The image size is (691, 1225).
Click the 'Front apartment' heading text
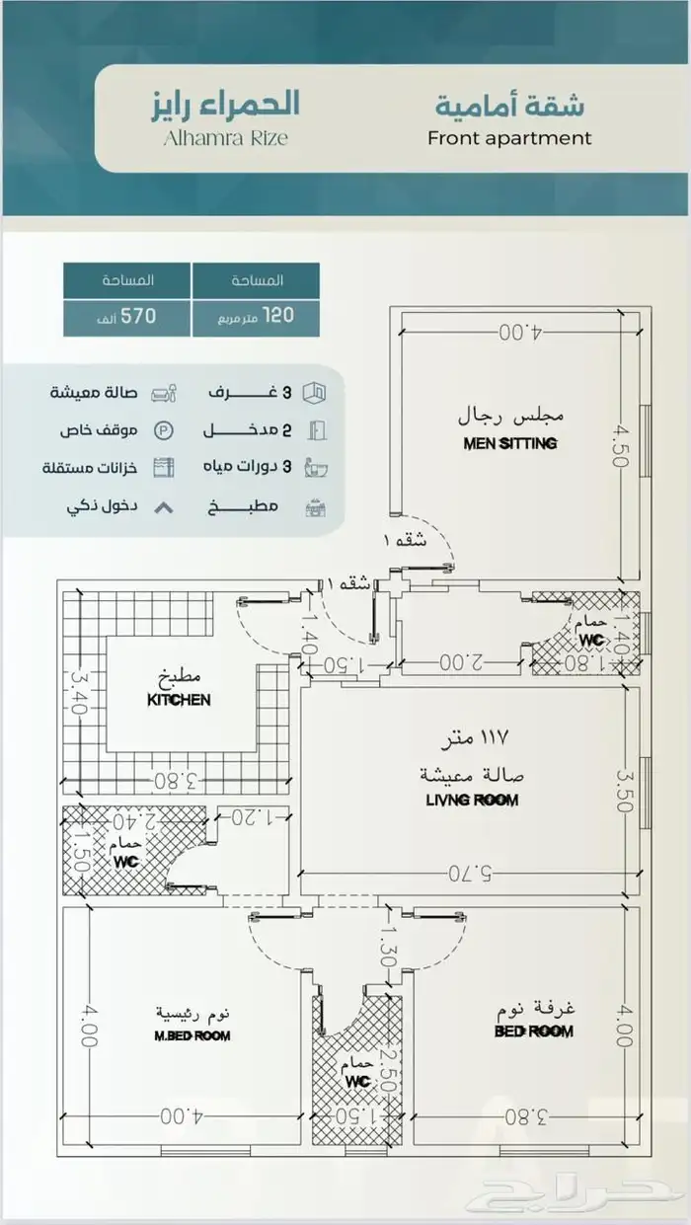[x=509, y=138]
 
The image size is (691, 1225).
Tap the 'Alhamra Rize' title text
[x=225, y=139]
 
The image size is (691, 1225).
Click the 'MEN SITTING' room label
[x=509, y=443]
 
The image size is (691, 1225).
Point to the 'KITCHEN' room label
[x=179, y=700]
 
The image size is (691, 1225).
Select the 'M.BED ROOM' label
[x=192, y=1035]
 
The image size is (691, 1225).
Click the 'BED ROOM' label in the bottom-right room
[x=533, y=1032]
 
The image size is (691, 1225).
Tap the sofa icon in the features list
[x=165, y=393]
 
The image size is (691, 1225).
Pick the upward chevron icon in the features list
[x=164, y=507]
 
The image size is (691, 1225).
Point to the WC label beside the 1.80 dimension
[x=590, y=640]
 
